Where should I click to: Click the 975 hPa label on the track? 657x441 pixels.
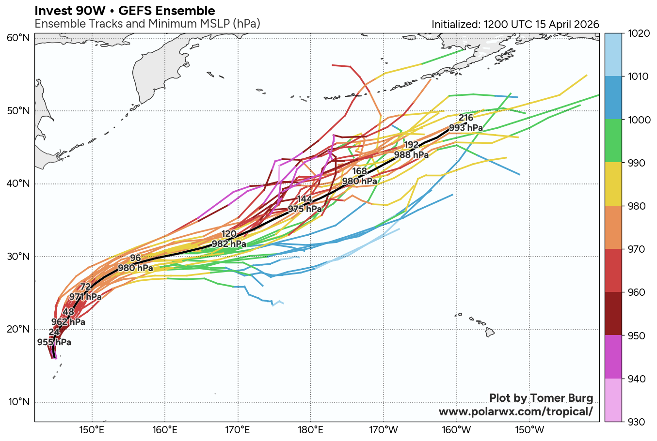(305, 209)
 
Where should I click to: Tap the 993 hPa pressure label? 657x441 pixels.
(465, 128)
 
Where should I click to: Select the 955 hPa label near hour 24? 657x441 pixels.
(54, 342)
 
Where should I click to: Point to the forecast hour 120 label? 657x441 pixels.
(229, 234)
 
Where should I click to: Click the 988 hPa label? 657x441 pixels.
(411, 155)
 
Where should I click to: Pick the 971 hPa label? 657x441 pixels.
(85, 297)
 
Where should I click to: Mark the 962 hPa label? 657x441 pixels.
(68, 322)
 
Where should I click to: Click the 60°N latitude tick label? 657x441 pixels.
(18, 38)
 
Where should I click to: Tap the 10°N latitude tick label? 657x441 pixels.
(18, 402)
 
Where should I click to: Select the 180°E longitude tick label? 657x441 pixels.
(311, 429)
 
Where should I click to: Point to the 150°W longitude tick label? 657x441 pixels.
(529, 429)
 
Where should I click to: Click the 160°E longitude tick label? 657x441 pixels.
(165, 429)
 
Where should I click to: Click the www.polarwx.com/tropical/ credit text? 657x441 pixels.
(515, 411)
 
